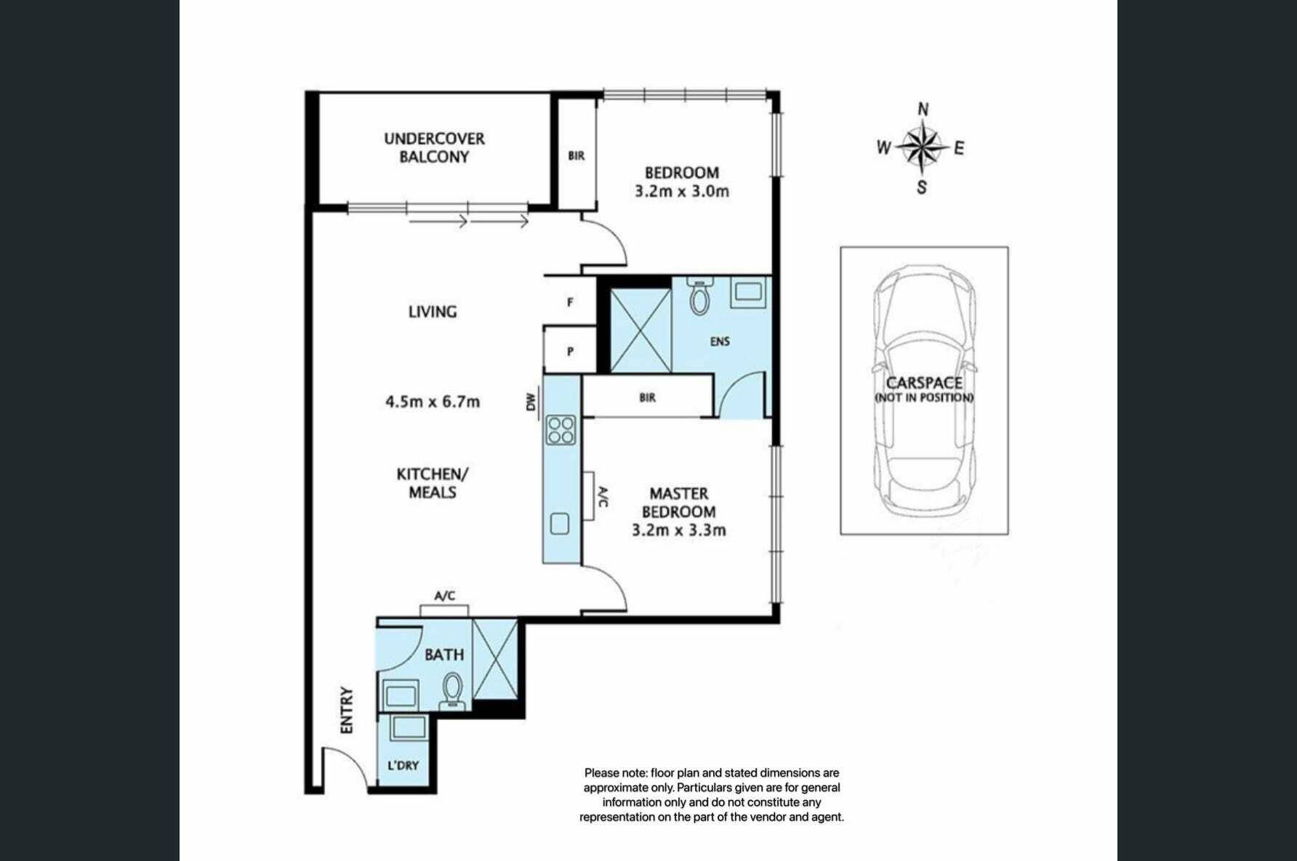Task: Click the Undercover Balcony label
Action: [x=434, y=147]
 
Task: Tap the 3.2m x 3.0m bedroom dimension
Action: [x=682, y=192]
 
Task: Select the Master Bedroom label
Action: [x=679, y=502]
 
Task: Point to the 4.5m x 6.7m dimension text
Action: [x=433, y=402]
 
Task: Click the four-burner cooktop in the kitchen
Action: [x=561, y=429]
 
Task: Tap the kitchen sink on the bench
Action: [x=560, y=524]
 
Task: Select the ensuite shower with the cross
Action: [x=641, y=331]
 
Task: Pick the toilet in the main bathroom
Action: [x=453, y=690]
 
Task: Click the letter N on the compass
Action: [x=923, y=110]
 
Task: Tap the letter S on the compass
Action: [x=922, y=187]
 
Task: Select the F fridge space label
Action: [x=570, y=302]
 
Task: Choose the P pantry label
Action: [x=570, y=352]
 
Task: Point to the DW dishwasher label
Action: [x=531, y=402]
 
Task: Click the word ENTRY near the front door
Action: [x=347, y=710]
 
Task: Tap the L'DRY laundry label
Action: [x=403, y=765]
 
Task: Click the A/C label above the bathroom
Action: [x=445, y=596]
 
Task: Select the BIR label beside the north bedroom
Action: [x=577, y=155]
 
